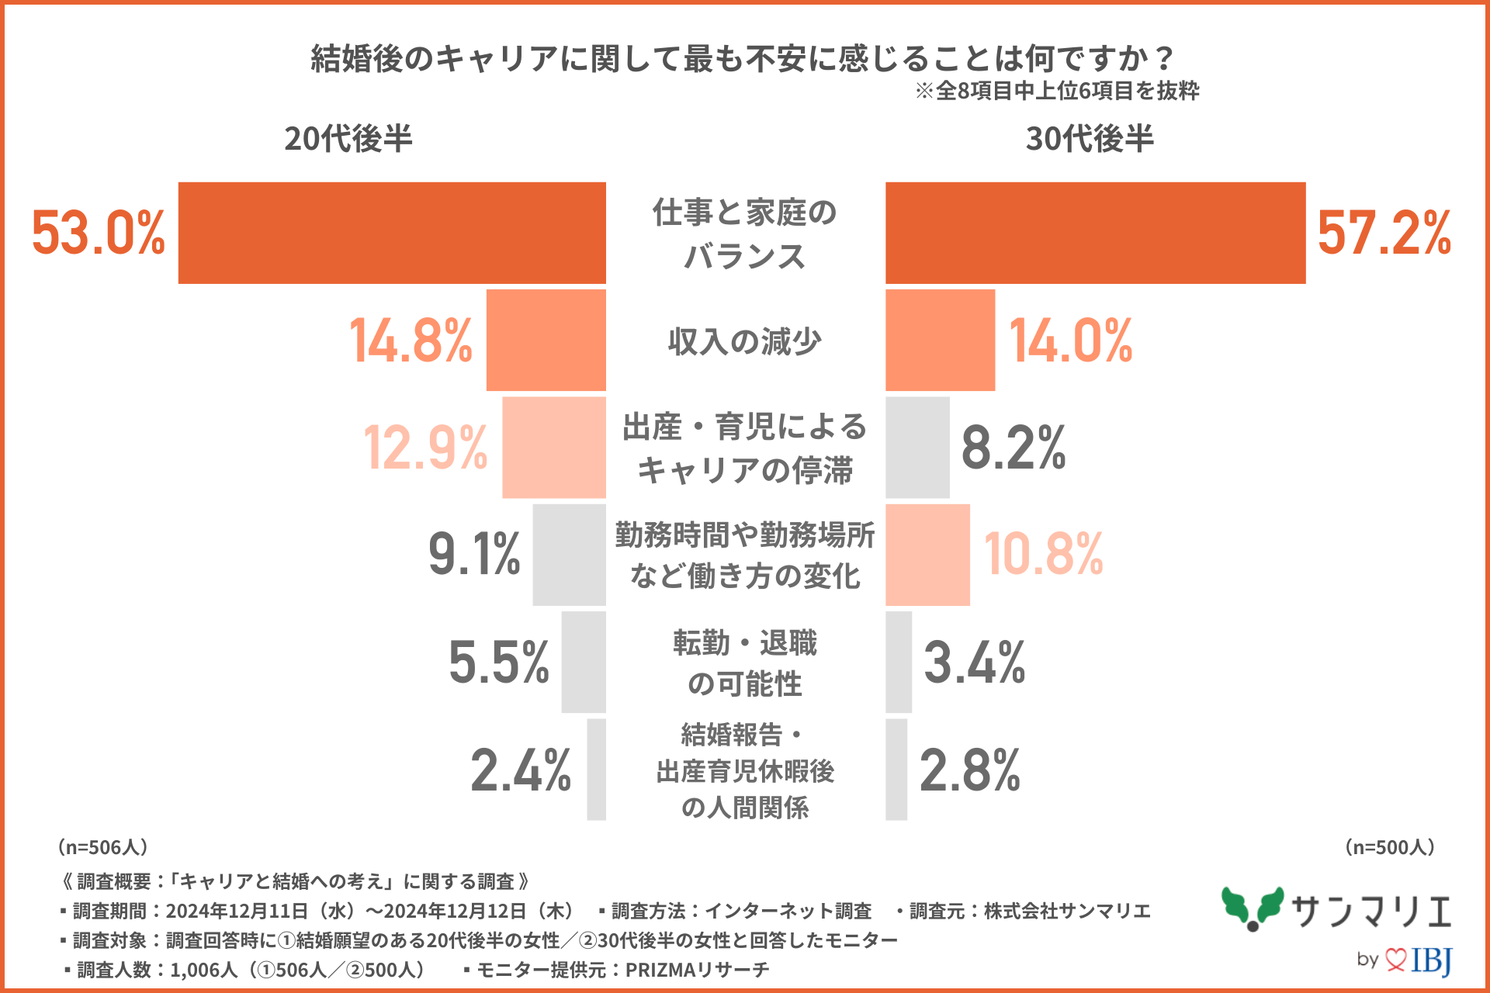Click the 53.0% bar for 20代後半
392,233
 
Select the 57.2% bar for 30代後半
1095,233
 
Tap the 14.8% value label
411,341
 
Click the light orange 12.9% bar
553,448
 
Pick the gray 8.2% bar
917,448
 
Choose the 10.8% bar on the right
927,555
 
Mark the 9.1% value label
474,555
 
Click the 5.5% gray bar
584,662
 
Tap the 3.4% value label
975,662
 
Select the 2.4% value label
521,770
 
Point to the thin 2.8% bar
896,770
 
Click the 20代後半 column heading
348,139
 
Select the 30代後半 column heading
1090,139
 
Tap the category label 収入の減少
744,341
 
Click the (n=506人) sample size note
102,847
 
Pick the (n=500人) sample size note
1389,847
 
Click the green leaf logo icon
1252,908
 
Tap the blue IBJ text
1431,960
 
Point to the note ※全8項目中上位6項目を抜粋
1057,91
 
